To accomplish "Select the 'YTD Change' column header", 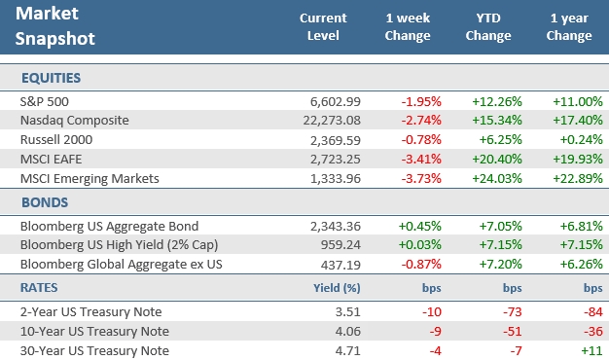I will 487,27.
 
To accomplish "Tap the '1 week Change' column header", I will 408,27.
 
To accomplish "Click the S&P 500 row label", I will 44,101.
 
